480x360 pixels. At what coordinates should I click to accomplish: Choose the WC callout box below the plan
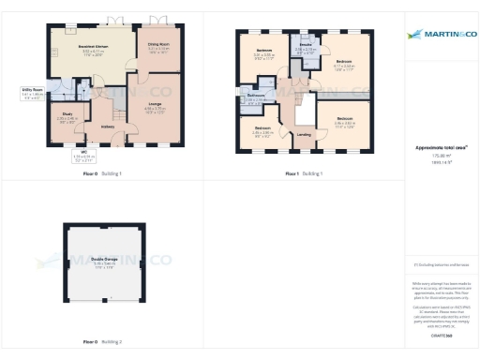tap(84, 155)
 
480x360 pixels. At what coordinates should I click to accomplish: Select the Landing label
tap(305, 134)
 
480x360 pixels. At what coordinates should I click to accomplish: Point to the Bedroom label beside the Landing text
tap(262, 129)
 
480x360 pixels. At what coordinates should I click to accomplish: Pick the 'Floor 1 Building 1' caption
tap(305, 174)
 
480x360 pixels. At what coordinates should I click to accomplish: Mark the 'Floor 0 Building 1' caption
tap(103, 174)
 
